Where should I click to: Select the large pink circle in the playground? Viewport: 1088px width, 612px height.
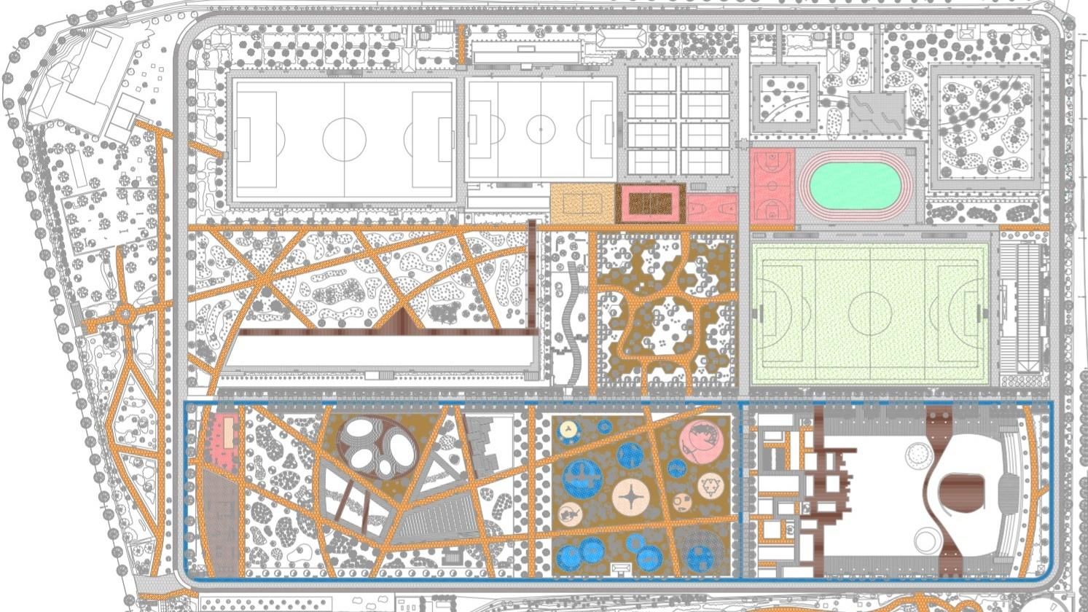click(x=701, y=441)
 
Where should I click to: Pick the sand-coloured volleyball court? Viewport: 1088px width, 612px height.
click(x=582, y=203)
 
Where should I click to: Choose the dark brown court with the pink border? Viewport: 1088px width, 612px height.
click(x=650, y=203)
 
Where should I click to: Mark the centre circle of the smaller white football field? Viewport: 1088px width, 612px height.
click(x=541, y=130)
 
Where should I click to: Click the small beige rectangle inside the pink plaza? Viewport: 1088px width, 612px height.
click(x=229, y=433)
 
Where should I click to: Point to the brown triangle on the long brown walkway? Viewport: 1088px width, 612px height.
click(x=399, y=321)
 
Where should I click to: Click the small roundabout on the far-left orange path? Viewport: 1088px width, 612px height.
click(x=125, y=315)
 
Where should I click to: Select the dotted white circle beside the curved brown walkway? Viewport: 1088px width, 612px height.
click(x=920, y=455)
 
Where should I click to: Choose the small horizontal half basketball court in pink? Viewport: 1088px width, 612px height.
click(x=712, y=208)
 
